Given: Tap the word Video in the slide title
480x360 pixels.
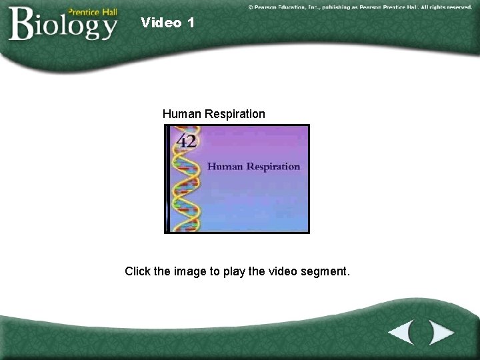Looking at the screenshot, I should pyautogui.click(x=161, y=23).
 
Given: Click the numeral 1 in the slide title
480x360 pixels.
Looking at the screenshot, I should pyautogui.click(x=191, y=23).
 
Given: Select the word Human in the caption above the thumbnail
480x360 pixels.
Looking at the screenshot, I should pyautogui.click(x=182, y=114).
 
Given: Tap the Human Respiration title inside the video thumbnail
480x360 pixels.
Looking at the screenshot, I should pyautogui.click(x=253, y=167).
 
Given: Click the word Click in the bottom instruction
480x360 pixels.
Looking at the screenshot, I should pyautogui.click(x=139, y=271).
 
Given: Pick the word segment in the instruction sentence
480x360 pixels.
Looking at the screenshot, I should pyautogui.click(x=327, y=271).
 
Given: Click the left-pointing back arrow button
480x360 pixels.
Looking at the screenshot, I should pyautogui.click(x=402, y=331).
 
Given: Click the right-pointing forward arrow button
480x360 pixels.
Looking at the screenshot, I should pyautogui.click(x=440, y=331).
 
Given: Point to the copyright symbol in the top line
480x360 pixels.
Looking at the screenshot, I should pyautogui.click(x=251, y=7).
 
